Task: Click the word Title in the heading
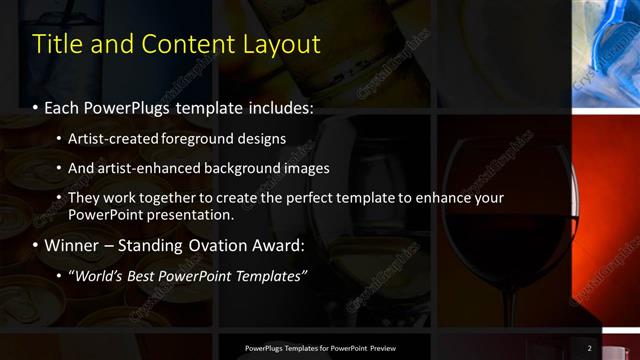tap(56, 45)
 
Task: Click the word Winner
tap(70, 245)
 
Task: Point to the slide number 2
tap(590, 348)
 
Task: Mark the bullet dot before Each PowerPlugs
tap(37, 106)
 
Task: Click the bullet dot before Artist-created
tap(59, 138)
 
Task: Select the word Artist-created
tap(108, 138)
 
